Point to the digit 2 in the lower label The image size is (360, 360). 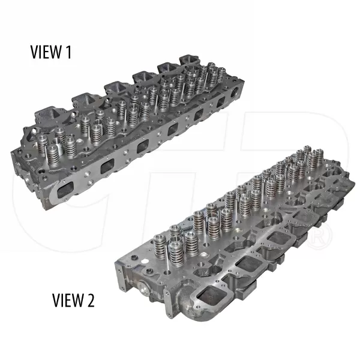click(91, 298)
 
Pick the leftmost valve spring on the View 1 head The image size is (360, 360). click(43, 144)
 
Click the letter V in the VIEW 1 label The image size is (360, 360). click(35, 53)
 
